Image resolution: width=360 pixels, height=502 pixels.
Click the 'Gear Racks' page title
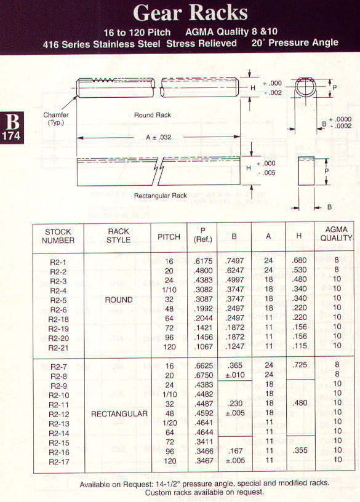[x=190, y=13]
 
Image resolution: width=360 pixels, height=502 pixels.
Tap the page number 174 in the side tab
[x=11, y=136]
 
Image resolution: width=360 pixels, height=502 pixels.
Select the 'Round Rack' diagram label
[x=153, y=115]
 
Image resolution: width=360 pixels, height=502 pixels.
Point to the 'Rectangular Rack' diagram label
[x=160, y=196]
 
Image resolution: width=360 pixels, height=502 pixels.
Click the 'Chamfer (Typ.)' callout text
[x=56, y=119]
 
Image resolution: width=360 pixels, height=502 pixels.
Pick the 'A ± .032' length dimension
[x=159, y=137]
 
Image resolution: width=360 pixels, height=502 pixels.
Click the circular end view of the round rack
[x=305, y=87]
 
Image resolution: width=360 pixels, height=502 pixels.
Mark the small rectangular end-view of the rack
[x=306, y=171]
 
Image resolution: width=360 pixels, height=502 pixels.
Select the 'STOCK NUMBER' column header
[x=58, y=236]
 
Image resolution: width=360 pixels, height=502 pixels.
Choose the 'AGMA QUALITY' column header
[x=336, y=234]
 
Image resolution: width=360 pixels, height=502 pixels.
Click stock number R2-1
[x=58, y=262]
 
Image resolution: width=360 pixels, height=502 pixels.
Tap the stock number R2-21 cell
[x=58, y=348]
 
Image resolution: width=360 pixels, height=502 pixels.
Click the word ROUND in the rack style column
[x=119, y=300]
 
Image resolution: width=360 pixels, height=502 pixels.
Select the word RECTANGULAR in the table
[x=119, y=413]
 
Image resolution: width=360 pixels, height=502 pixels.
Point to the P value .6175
[x=203, y=261]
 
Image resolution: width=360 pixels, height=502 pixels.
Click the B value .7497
[x=234, y=261]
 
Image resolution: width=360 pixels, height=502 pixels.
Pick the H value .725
[x=300, y=365]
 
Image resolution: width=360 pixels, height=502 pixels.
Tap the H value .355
[x=300, y=450]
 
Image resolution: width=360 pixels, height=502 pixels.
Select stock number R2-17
[x=59, y=462]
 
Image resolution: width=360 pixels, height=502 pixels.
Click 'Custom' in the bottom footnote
[x=156, y=492]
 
